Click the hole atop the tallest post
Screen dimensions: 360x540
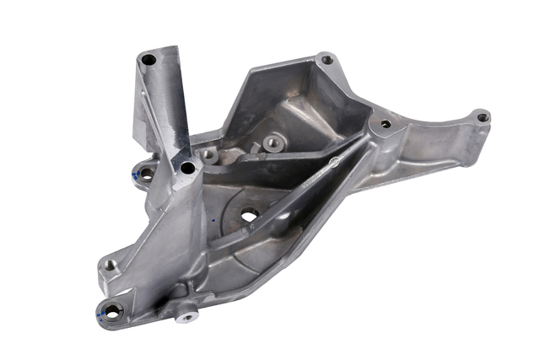pyautogui.click(x=149, y=60)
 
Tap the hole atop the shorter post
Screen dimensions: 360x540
pyautogui.click(x=187, y=168)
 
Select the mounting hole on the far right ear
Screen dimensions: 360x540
pyautogui.click(x=483, y=117)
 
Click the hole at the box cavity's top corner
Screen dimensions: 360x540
pyautogui.click(x=327, y=60)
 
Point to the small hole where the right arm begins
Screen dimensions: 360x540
pyautogui.click(x=386, y=124)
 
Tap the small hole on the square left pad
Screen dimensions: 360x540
pyautogui.click(x=110, y=265)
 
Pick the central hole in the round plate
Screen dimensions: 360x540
pyautogui.click(x=249, y=216)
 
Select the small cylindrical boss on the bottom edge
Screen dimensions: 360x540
pyautogui.click(x=186, y=315)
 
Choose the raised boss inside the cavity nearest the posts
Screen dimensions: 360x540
pyautogui.click(x=208, y=155)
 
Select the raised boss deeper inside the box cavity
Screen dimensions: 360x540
pyautogui.click(x=272, y=143)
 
